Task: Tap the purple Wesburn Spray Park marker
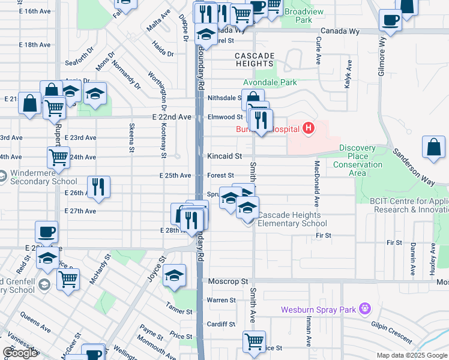click(x=364, y=310)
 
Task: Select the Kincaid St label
click(x=224, y=156)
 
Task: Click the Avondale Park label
click(x=270, y=82)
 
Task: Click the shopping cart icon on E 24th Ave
click(x=58, y=157)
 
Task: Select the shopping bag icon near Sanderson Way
click(x=434, y=148)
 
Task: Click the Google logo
click(x=20, y=353)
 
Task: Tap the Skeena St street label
click(x=131, y=139)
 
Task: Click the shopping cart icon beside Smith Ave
click(x=254, y=341)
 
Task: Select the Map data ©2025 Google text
click(x=412, y=355)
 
